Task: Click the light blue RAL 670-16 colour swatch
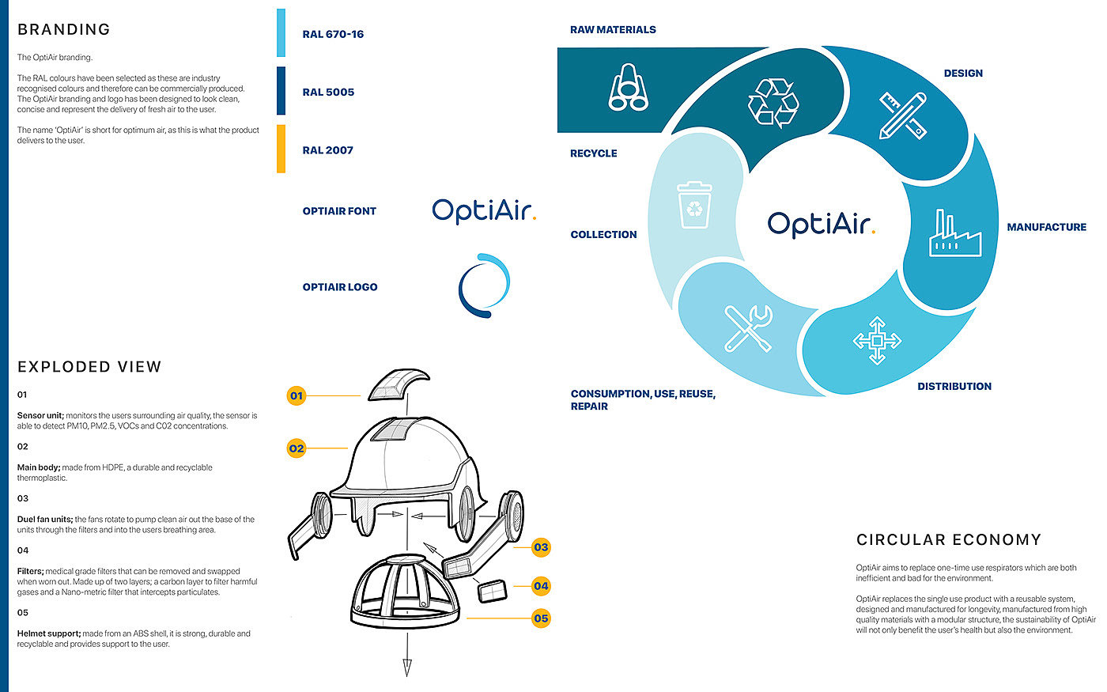coord(281,33)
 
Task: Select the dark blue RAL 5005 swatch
coord(281,91)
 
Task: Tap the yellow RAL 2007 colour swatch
coord(281,149)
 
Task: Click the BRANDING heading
coord(64,29)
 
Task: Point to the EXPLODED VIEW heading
coord(89,367)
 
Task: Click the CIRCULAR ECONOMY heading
coord(948,540)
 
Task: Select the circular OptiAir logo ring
coord(484,285)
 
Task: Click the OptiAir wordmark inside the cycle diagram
coord(822,224)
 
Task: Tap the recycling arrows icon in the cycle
coord(773,102)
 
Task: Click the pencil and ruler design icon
coord(903,115)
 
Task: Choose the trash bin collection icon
coord(694,205)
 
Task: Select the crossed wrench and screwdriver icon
coord(748,327)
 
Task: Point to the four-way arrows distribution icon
coord(876,341)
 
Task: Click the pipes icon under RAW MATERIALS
coord(629,87)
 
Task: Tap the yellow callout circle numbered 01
coord(296,395)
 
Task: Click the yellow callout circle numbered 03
coord(541,547)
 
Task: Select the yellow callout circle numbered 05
coord(541,618)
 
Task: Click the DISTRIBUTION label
coord(954,387)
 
